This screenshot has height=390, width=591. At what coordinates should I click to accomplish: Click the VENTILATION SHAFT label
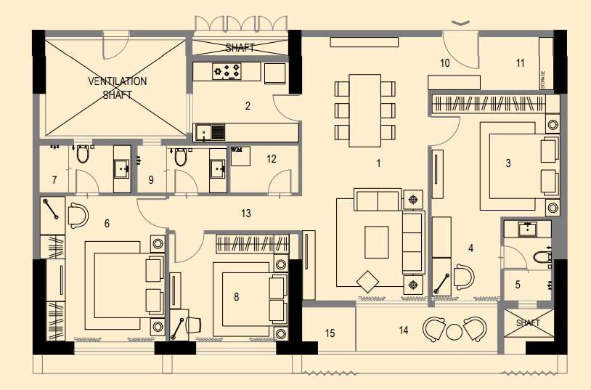pyautogui.click(x=118, y=87)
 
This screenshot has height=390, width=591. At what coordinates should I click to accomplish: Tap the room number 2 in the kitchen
pyautogui.click(x=248, y=106)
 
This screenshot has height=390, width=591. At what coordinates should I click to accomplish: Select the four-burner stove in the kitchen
pyautogui.click(x=227, y=71)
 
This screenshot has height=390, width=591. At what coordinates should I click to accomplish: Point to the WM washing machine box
pyautogui.click(x=240, y=155)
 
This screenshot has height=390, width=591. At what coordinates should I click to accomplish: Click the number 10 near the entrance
pyautogui.click(x=445, y=63)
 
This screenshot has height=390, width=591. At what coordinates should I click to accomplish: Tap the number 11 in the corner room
pyautogui.click(x=520, y=63)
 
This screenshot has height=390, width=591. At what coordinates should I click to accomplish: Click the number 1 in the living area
pyautogui.click(x=378, y=163)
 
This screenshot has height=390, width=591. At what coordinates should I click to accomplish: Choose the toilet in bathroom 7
pyautogui.click(x=83, y=154)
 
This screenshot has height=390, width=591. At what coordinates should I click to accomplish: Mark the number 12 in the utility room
pyautogui.click(x=271, y=159)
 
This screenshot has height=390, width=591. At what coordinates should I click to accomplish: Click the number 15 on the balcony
pyautogui.click(x=330, y=333)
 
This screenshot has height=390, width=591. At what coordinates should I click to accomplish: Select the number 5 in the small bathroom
pyautogui.click(x=518, y=285)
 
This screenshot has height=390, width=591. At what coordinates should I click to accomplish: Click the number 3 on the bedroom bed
pyautogui.click(x=508, y=163)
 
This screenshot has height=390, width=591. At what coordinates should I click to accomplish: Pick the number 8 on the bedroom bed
pyautogui.click(x=237, y=296)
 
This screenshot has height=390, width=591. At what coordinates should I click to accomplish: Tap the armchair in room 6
pyautogui.click(x=78, y=216)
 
